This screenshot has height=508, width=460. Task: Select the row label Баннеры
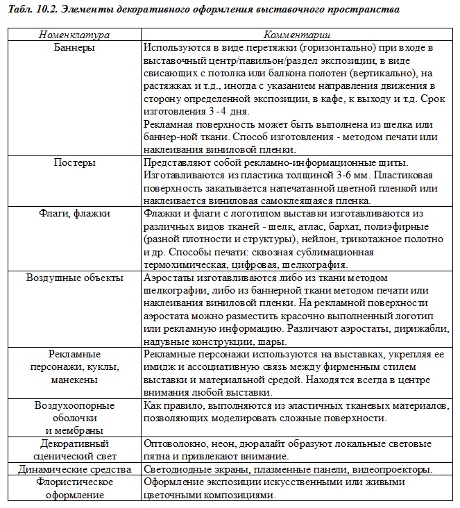tap(74, 48)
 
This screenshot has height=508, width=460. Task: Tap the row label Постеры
tap(74, 162)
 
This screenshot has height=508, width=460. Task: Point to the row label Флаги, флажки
tap(74, 213)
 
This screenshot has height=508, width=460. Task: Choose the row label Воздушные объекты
tap(74, 278)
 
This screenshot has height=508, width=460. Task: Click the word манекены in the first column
tap(74, 380)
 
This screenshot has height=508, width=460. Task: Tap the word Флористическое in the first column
tap(74, 482)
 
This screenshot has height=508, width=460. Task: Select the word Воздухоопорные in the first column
tap(74, 405)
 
